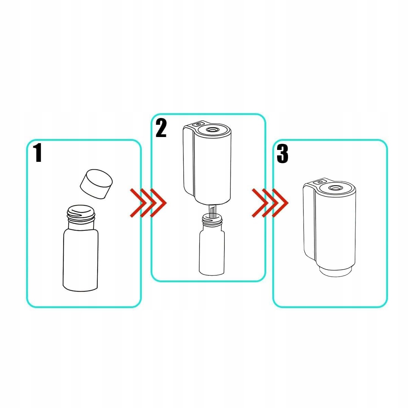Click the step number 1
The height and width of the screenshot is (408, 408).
(38, 152)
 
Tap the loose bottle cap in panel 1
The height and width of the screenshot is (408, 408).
(96, 184)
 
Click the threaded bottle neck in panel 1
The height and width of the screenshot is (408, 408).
(81, 214)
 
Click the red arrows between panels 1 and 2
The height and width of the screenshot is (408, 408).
(148, 203)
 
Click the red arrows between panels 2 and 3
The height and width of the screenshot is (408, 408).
(270, 203)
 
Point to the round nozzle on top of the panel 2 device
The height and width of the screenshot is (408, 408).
(213, 129)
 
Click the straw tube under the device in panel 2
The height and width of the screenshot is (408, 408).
(213, 212)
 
